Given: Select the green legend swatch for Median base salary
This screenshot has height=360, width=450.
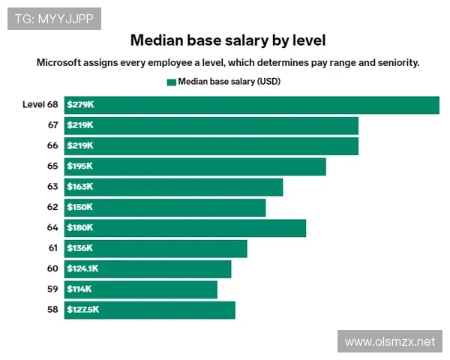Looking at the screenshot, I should coord(171,82).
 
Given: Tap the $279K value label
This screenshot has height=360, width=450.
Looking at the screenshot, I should coord(79,105).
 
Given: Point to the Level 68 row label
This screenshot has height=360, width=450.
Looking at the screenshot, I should coord(40,105).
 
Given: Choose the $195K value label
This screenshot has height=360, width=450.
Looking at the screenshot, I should coord(79,166).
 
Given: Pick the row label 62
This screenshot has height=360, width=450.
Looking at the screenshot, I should coord(52,207).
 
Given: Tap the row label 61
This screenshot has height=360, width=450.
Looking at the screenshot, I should coord(52,248).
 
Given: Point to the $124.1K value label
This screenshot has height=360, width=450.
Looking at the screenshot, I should coord(82,268).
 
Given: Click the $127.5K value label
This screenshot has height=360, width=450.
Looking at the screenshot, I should coord(82,310).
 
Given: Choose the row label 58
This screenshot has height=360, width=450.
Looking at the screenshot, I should coord(52,310).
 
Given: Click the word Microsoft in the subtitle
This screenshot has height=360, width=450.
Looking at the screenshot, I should coord(61,63).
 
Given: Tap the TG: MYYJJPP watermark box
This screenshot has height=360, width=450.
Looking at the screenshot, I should coord(54,19).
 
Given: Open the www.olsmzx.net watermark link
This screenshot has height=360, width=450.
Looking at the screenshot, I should coord(389,342).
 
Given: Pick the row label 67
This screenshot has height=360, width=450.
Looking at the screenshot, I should coord(52,125).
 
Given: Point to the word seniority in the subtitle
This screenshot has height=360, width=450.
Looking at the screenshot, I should coord(394,63).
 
